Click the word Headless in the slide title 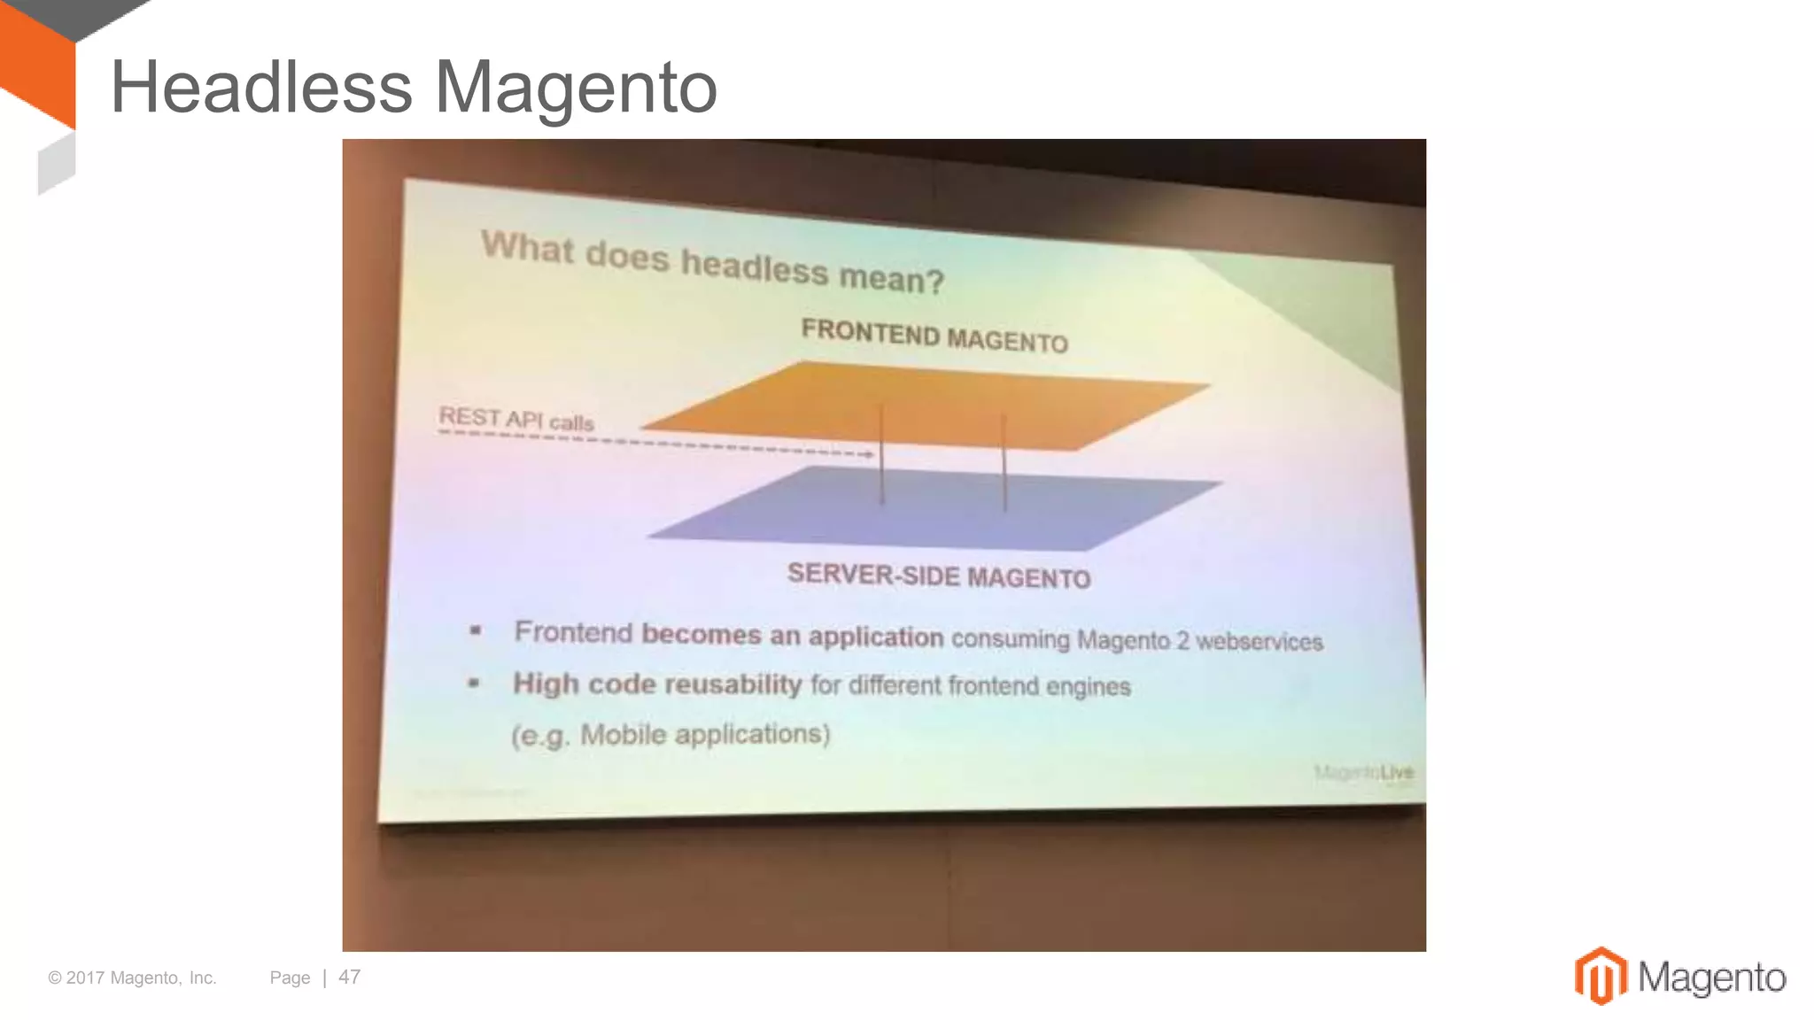click(x=261, y=87)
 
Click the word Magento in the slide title click(x=576, y=89)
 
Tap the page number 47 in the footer click(x=349, y=977)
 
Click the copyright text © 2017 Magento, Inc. click(x=132, y=977)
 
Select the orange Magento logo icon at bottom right click(x=1600, y=976)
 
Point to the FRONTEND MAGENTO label click(x=934, y=336)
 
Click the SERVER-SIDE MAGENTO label click(x=939, y=576)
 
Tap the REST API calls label click(x=516, y=419)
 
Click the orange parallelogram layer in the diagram click(x=930, y=403)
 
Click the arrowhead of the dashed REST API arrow click(x=870, y=454)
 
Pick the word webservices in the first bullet click(x=1259, y=641)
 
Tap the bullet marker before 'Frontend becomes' click(x=476, y=631)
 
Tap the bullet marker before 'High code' click(x=474, y=683)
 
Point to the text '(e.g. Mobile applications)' click(x=671, y=735)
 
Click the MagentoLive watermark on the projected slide click(x=1364, y=773)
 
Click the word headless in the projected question click(x=754, y=267)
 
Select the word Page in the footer click(x=290, y=977)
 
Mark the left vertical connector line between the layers click(x=881, y=456)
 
